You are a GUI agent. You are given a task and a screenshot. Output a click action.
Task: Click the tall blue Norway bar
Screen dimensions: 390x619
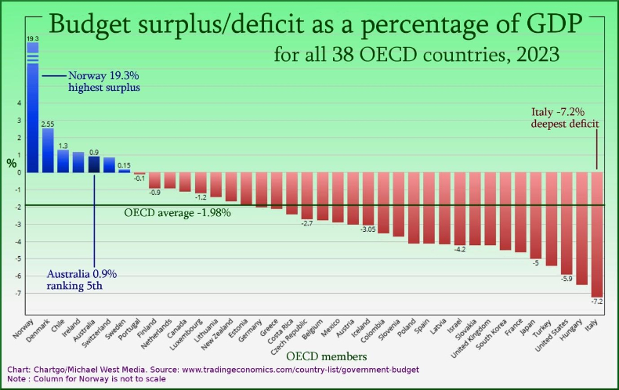pos(33,110)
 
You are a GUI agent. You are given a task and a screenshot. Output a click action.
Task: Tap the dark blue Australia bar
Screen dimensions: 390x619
pos(94,164)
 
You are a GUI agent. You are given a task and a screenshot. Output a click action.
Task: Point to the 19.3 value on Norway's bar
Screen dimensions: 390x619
pos(33,38)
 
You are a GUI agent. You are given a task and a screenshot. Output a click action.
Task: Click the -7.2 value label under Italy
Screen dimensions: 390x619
pos(597,302)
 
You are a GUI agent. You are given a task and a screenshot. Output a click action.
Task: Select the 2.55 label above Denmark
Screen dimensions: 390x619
pos(48,124)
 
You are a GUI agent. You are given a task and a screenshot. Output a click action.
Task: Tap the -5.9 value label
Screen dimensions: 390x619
pos(567,279)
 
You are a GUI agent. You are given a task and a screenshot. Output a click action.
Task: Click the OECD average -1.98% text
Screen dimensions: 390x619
pos(178,213)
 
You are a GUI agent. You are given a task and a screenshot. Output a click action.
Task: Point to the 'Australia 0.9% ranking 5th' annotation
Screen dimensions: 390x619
pos(81,280)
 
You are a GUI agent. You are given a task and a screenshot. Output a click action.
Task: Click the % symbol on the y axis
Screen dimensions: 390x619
pos(11,164)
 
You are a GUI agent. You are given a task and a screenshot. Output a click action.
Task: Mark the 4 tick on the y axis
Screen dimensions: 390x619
pos(20,103)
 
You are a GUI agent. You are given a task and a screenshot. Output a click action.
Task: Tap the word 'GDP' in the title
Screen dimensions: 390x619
pos(552,24)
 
